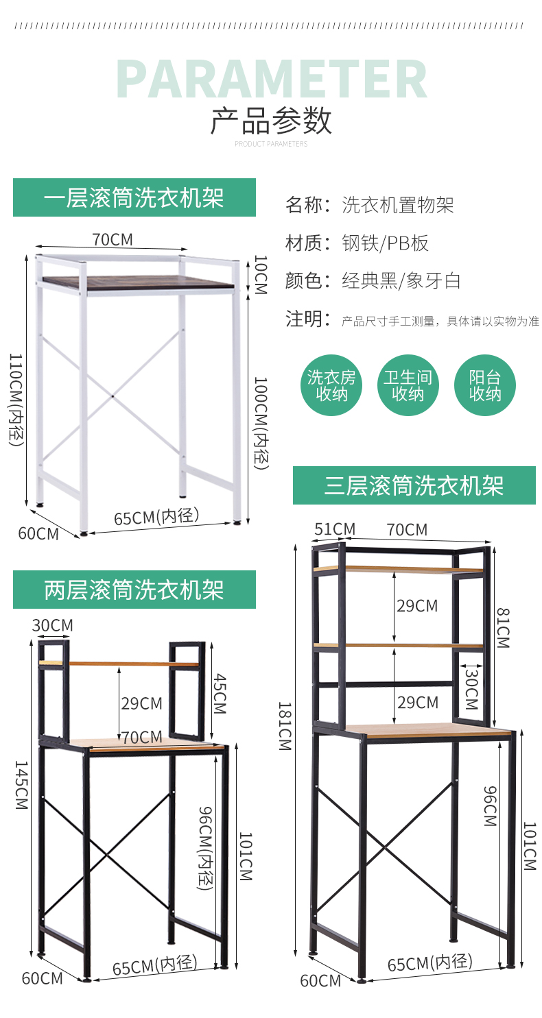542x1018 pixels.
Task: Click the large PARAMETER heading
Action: tap(272, 80)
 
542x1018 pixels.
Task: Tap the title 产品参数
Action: tap(271, 121)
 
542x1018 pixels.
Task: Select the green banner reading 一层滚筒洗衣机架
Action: tap(134, 197)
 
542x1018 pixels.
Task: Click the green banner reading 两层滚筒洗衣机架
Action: tap(134, 590)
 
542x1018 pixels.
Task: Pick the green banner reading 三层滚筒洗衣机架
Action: tap(414, 485)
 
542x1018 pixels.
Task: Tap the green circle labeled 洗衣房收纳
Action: tap(331, 385)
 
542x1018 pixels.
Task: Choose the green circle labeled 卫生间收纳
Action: tap(408, 385)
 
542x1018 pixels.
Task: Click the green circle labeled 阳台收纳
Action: tap(485, 385)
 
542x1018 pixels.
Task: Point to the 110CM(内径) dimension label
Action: tap(16, 399)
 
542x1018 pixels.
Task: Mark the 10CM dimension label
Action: tap(260, 275)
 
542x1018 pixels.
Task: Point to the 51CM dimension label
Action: tap(335, 529)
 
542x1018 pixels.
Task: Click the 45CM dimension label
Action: tap(219, 692)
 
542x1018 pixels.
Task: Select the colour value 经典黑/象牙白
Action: tap(401, 281)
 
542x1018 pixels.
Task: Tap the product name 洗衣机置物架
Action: tap(398, 205)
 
